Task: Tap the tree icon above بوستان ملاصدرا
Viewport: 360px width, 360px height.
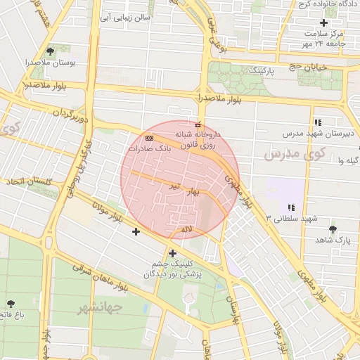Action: coord(49,51)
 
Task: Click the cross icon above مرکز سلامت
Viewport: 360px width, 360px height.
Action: coord(324,22)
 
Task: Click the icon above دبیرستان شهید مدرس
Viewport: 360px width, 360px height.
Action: coord(318,122)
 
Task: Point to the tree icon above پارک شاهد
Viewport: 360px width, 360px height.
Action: coord(333,229)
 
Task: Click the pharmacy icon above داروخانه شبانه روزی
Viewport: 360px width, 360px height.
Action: coord(197,124)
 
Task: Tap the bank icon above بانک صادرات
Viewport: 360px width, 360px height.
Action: coord(149,137)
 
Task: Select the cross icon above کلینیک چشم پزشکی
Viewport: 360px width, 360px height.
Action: coord(172,253)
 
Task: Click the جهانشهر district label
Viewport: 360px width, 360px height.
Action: coord(100,307)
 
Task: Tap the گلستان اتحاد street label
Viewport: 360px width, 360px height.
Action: coord(30,181)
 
